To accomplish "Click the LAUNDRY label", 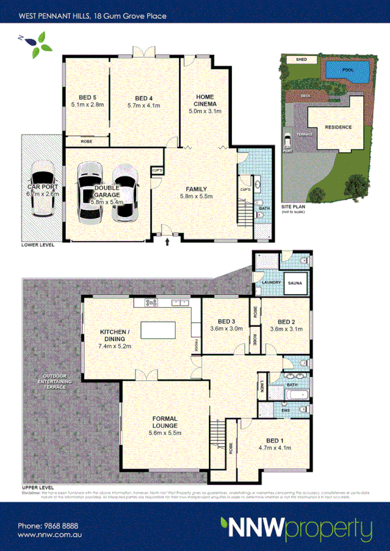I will point(270,283).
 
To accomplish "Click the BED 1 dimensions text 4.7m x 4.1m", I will point(274,448).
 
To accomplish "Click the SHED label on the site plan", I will point(301,59).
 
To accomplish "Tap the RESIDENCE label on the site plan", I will point(338,127).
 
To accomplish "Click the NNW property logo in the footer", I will point(296,527).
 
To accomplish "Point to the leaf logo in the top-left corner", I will point(37,43).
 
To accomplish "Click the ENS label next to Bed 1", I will point(285,411).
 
